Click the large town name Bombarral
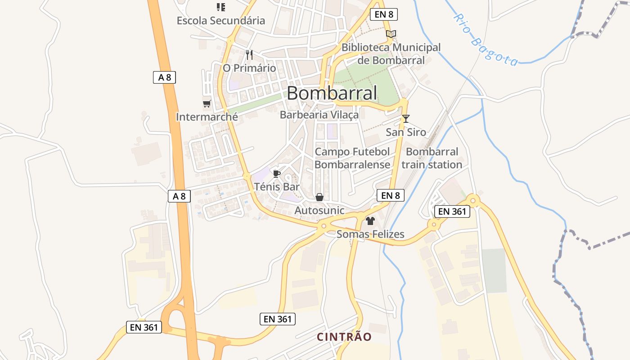click(x=332, y=93)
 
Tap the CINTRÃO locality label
click(x=344, y=337)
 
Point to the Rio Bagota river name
click(x=485, y=40)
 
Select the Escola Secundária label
click(x=220, y=20)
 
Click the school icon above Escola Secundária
click(x=220, y=7)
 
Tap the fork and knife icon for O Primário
click(x=249, y=55)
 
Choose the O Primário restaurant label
click(x=249, y=68)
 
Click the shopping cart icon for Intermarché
click(x=207, y=104)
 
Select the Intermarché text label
click(x=207, y=117)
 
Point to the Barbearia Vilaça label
click(x=319, y=115)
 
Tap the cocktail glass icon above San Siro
click(x=406, y=119)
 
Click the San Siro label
click(x=406, y=132)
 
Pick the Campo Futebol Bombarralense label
click(x=352, y=158)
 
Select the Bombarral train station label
click(x=432, y=158)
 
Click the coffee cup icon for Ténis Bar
click(x=277, y=174)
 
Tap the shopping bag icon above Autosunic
click(x=319, y=197)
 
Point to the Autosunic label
click(x=319, y=210)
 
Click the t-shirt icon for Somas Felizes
click(x=370, y=221)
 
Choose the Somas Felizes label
click(x=370, y=234)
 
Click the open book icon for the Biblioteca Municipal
click(x=391, y=34)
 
